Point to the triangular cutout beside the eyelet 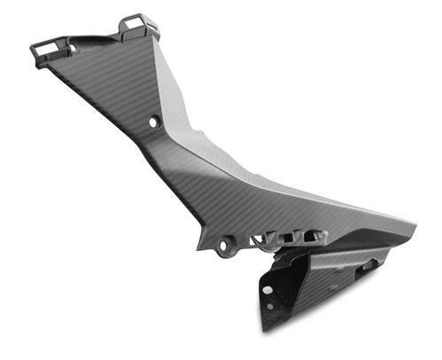257,239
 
